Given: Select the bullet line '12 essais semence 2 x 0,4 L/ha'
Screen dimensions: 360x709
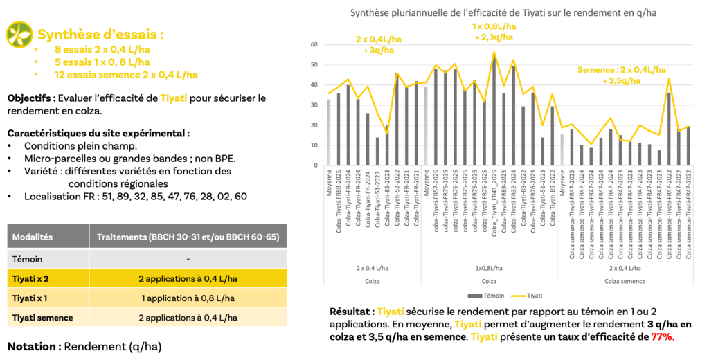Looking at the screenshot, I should tap(126, 75).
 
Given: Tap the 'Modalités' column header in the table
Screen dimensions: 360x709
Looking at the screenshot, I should tap(33, 237).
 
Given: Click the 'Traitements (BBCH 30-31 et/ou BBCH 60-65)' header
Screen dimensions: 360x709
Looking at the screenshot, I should tap(188, 237).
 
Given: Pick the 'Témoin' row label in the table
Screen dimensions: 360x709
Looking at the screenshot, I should tap(28, 258).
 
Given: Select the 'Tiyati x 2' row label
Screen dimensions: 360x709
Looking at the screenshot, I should tap(32, 278).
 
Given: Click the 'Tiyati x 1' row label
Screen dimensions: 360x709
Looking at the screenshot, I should tap(32, 298).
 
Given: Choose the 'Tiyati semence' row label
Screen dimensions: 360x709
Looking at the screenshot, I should tap(42, 318).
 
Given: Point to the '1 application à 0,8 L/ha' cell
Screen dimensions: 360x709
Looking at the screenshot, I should tap(188, 298).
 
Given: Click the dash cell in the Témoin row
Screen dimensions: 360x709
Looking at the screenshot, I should tap(188, 258).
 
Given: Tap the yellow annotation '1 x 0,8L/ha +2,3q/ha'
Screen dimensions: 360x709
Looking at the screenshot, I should tap(492, 32).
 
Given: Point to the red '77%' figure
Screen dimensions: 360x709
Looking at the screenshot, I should tap(663, 337).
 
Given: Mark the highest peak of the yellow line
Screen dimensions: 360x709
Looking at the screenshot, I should tap(494, 51).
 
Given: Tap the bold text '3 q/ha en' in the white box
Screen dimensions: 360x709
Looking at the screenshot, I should tap(669, 324).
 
